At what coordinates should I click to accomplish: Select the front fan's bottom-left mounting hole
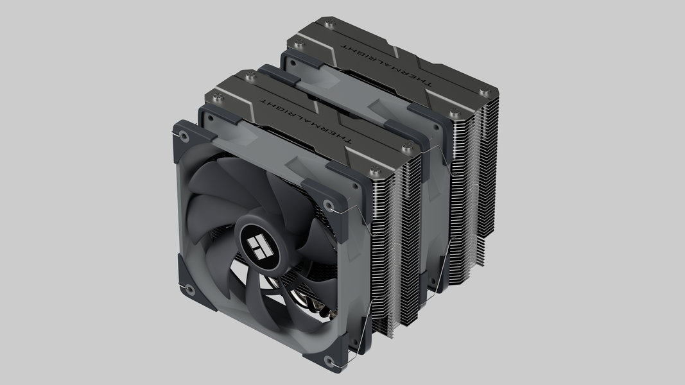pos(190,289)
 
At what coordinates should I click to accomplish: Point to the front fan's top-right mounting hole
pos(329,205)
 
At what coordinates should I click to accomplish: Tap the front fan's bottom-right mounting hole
pos(329,361)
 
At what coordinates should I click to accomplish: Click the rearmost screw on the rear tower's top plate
pos(331,22)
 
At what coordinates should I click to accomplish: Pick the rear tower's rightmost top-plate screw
pos(485,92)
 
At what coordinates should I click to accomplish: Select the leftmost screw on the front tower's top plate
pos(217,98)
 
